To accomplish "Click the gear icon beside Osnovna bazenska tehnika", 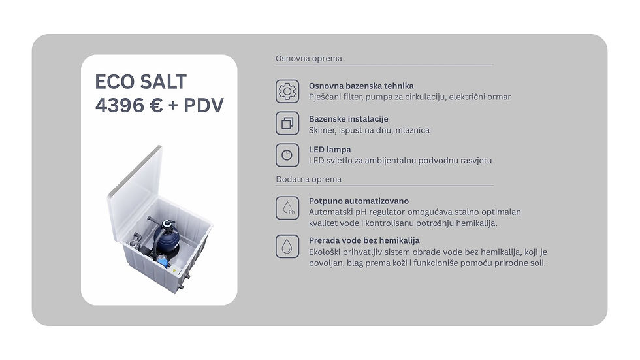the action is (x=287, y=91).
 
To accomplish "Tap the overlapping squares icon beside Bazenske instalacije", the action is (x=287, y=123).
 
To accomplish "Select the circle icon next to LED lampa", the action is (x=287, y=155).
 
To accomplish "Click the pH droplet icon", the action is (x=287, y=208).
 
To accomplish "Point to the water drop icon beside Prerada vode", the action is (x=287, y=246).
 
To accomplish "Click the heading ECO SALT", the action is (x=141, y=82).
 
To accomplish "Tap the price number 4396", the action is (x=120, y=105).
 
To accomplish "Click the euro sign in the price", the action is (x=156, y=105).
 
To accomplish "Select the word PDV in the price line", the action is (x=204, y=105).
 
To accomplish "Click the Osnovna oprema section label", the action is (x=308, y=58).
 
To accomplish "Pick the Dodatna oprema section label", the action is (x=308, y=179).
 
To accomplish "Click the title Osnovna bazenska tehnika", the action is (x=361, y=86).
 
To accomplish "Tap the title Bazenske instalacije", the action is (x=349, y=119).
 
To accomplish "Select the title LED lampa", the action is (x=330, y=150).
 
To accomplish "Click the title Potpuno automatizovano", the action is (x=359, y=201).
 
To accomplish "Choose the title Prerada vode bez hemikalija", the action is (x=364, y=240).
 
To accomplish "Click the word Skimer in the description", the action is (x=321, y=130).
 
